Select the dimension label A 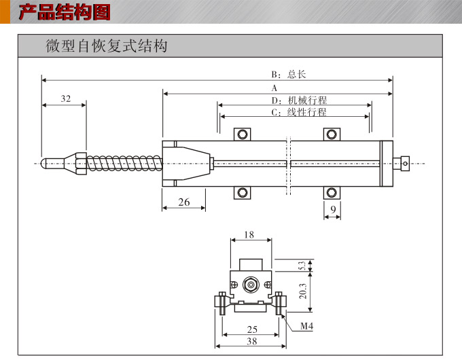coord(274,88)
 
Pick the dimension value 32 coord(65,98)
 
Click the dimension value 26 coord(183,202)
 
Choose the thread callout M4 coord(306,327)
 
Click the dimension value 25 coord(251,330)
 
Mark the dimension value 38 coord(251,342)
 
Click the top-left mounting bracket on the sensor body coord(243,134)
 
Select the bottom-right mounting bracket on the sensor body coord(331,193)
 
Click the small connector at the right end coord(404,162)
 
